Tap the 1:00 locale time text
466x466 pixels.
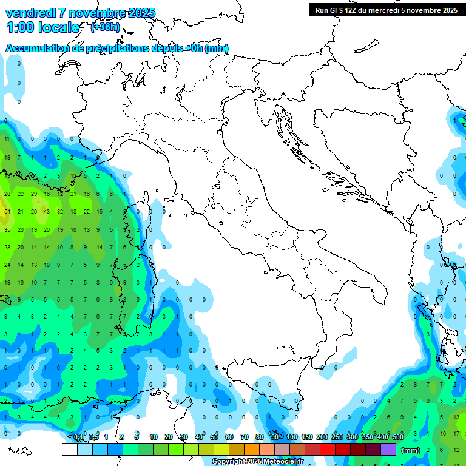tap(42, 27)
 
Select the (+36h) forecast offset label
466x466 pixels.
tap(104, 27)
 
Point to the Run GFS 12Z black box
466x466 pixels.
tap(386, 10)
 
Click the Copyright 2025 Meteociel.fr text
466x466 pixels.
tap(257, 462)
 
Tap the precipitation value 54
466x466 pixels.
tap(7, 211)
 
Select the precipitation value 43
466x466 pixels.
tap(47, 211)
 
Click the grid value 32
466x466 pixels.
tap(60, 211)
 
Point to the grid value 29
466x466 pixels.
tap(34, 194)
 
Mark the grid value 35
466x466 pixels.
tap(7, 230)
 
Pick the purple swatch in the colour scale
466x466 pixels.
tap(388, 449)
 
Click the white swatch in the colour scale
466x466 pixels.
tap(69, 449)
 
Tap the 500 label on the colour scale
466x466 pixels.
tap(397, 437)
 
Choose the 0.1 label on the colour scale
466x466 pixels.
tap(78, 437)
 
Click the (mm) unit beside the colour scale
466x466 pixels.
tap(410, 450)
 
